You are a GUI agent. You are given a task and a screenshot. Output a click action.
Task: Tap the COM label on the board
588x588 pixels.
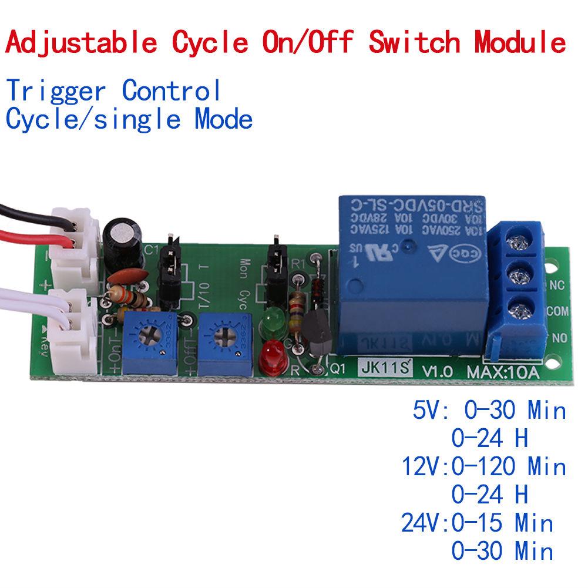[557, 311]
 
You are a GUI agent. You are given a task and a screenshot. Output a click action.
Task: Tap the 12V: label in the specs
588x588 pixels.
[424, 466]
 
